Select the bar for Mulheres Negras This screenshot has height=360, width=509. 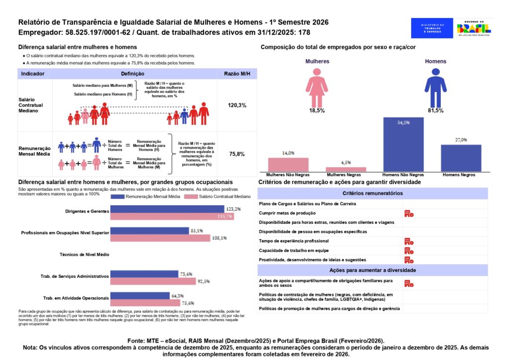(x=345, y=170)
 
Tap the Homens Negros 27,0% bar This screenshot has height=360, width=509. (x=461, y=158)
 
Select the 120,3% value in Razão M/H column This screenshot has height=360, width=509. (x=237, y=105)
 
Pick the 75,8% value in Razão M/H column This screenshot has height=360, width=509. (x=237, y=154)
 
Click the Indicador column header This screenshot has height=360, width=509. (x=33, y=74)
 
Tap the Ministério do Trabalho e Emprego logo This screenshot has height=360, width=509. (x=432, y=28)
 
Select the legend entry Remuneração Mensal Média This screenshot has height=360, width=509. (x=145, y=197)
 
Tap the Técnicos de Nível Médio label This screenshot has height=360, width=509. (x=84, y=254)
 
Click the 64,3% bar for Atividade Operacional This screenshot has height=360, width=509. (x=140, y=296)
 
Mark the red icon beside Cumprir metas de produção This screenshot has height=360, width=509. (x=409, y=213)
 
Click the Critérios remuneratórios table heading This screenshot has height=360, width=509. (x=372, y=193)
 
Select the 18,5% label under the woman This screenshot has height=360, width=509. (x=317, y=111)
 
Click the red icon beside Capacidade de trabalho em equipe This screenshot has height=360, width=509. (x=409, y=251)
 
